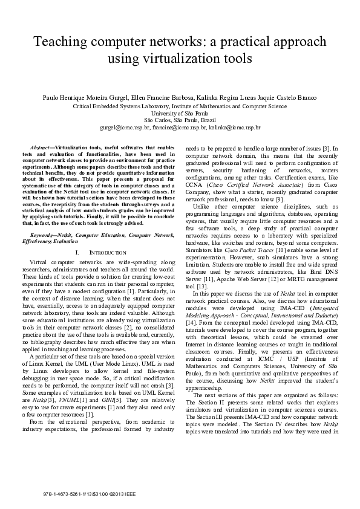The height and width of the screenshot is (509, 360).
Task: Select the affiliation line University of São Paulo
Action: pyautogui.click(x=180, y=113)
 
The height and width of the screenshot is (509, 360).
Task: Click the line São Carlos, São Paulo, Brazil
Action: pyautogui.click(x=180, y=120)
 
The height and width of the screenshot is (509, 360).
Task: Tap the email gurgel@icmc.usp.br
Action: pyautogui.click(x=125, y=128)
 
